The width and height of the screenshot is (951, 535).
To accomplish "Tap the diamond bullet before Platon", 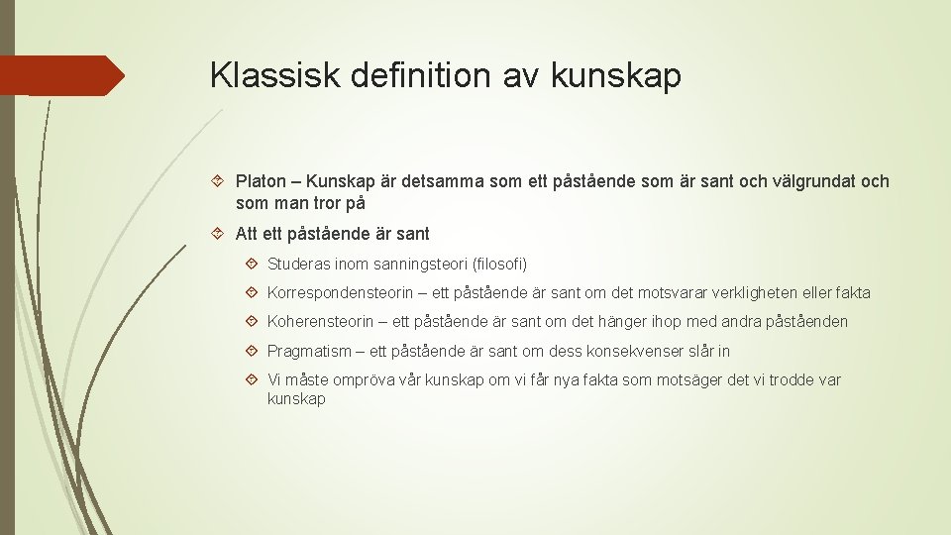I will click(x=220, y=181).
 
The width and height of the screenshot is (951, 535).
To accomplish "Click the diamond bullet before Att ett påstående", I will click(x=220, y=234).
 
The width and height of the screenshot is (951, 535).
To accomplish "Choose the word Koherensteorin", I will click(x=320, y=322).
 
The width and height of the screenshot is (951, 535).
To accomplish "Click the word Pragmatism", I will click(x=309, y=351).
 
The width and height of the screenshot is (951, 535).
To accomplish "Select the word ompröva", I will click(x=363, y=379).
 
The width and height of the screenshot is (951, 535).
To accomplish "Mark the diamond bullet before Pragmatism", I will click(x=252, y=351).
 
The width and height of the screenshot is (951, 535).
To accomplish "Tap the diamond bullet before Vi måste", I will click(x=252, y=379).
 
